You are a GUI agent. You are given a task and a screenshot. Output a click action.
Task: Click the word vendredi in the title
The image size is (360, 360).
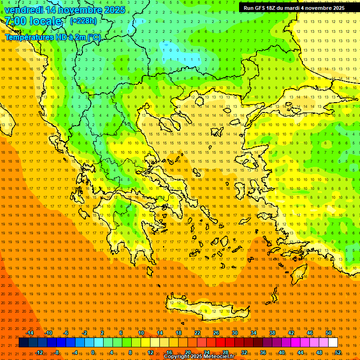pos(24,10)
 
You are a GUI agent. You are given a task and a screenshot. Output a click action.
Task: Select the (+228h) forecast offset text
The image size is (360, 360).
pos(83,21)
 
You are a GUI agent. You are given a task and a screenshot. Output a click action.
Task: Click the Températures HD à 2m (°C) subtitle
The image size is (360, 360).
pos(52,37)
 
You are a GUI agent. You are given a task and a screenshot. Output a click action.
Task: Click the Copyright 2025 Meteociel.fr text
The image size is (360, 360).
pos(199,357)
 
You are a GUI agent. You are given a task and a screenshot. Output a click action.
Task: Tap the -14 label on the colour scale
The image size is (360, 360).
pos(30,333)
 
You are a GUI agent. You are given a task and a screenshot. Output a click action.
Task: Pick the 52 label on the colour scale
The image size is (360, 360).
pos(338,352)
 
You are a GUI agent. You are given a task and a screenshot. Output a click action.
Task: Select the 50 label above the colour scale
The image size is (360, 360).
pos(329,333)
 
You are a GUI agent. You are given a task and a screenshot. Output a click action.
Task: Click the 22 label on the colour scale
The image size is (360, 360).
pos(197,333)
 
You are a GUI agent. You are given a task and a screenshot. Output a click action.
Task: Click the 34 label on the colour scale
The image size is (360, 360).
pos(254,333)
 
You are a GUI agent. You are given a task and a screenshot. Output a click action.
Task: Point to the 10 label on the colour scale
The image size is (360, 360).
pos(141,333)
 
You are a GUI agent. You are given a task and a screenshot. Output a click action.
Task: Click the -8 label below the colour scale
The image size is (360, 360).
pos(57,352)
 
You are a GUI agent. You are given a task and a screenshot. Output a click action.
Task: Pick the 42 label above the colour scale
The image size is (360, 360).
pos(291,333)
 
